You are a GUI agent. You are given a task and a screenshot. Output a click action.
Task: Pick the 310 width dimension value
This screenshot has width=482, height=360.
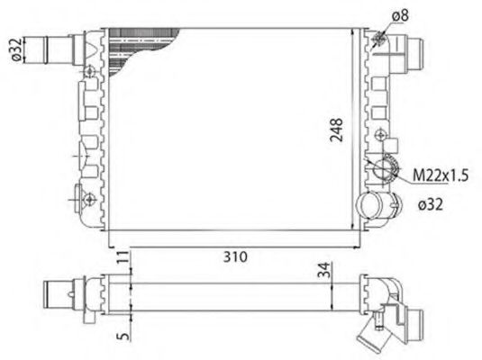(236, 257)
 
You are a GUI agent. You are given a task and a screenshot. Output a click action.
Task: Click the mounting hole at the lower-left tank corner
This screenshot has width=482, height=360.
(90, 198)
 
